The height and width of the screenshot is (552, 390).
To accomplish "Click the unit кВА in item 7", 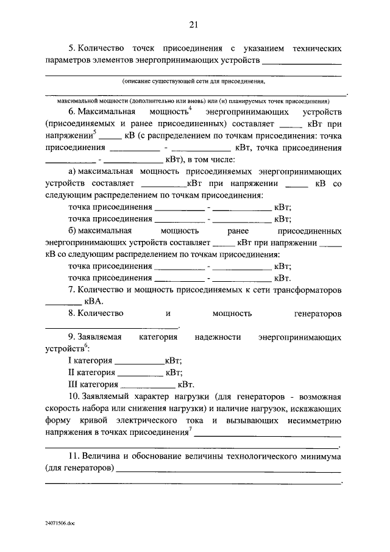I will pos(94,301).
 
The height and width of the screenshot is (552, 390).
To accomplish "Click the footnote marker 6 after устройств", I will pos(87,346).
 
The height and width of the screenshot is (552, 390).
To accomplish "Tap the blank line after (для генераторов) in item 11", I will pos(229,470).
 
